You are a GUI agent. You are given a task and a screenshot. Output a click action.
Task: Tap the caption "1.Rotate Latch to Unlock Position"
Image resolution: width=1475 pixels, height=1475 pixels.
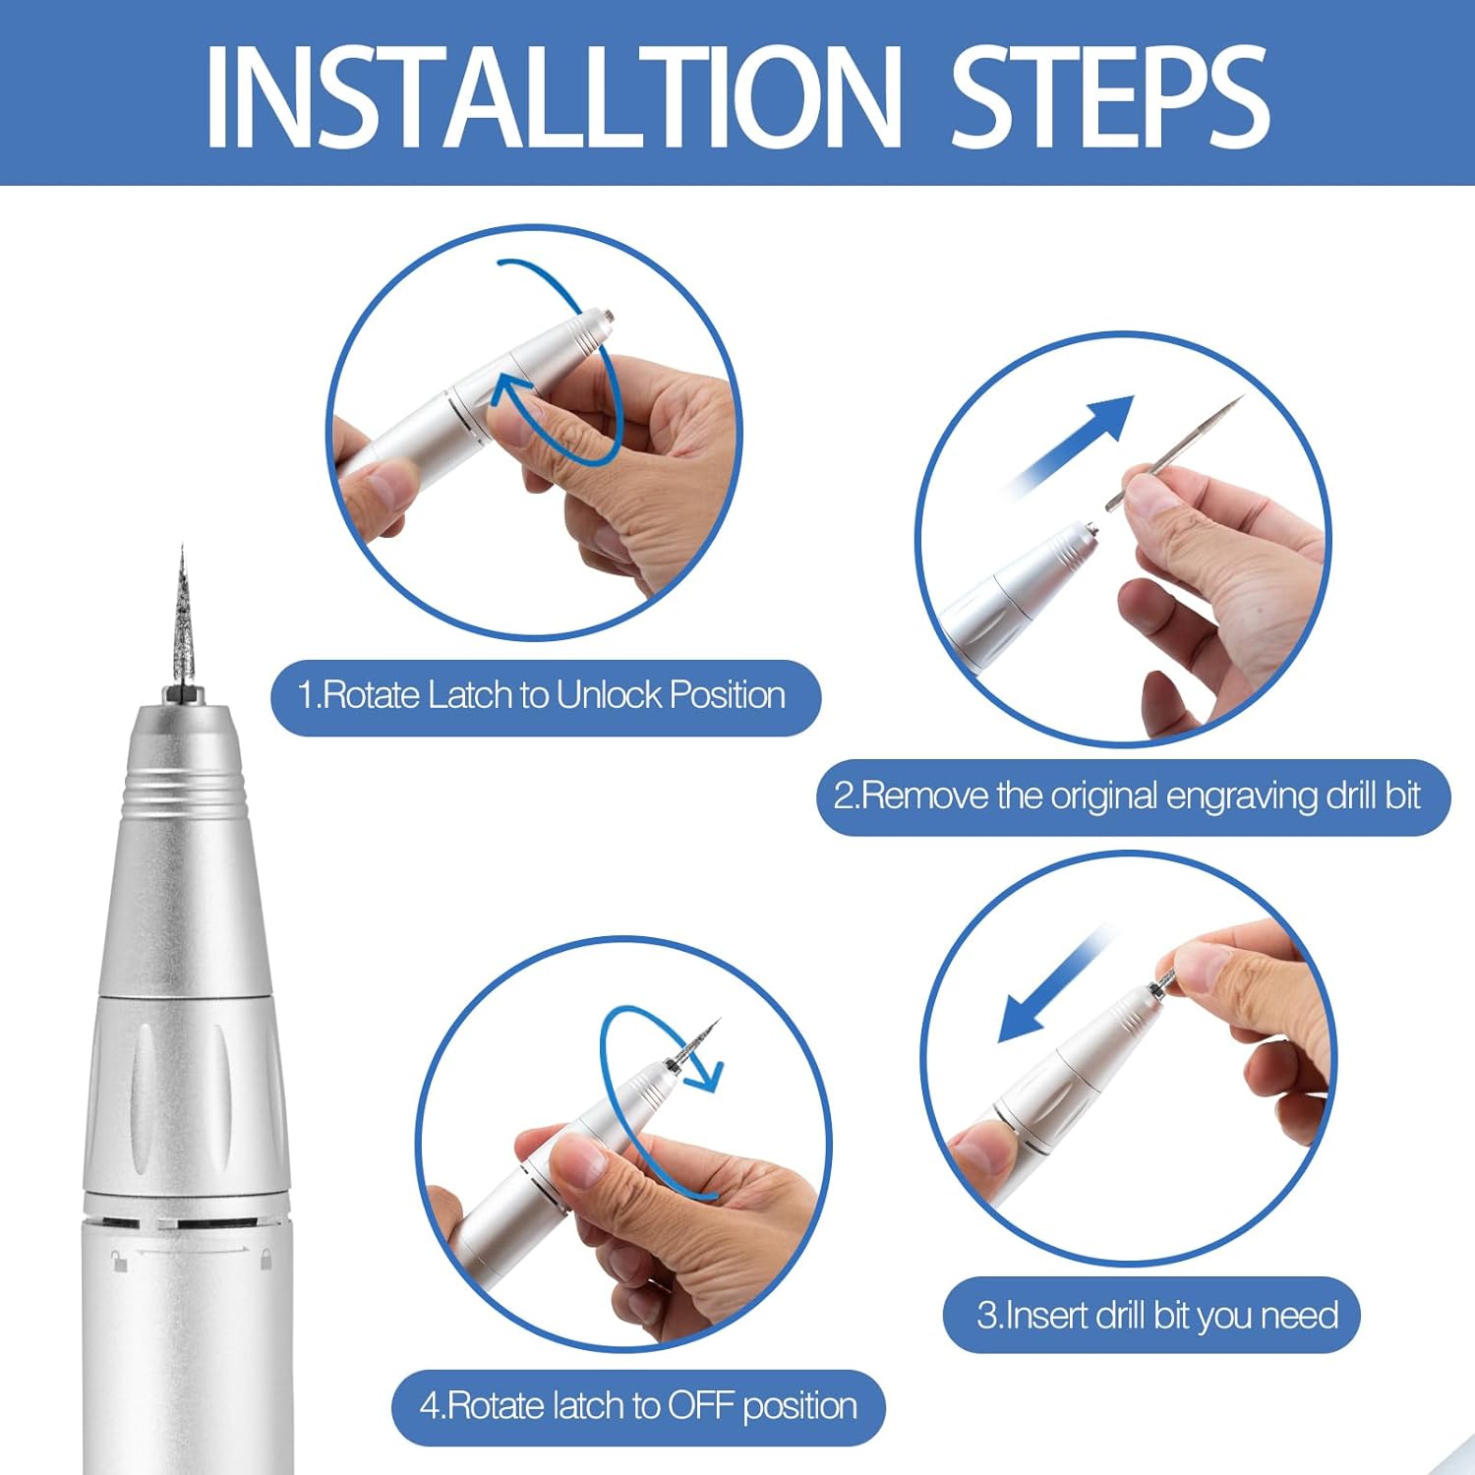[x=542, y=696]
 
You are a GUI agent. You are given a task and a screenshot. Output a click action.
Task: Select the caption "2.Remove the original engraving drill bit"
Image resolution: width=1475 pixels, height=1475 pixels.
[x=1128, y=796]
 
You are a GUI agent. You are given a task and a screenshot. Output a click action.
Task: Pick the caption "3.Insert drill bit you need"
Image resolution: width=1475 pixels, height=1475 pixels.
[x=1157, y=1315]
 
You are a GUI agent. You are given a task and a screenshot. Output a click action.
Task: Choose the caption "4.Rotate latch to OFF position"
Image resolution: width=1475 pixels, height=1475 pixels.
[x=638, y=1406]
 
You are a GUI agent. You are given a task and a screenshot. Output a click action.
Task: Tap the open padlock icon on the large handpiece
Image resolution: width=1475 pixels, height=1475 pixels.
[x=119, y=1260]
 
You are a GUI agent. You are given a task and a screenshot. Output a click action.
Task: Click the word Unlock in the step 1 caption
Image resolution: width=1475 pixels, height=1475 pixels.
[x=609, y=695]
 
